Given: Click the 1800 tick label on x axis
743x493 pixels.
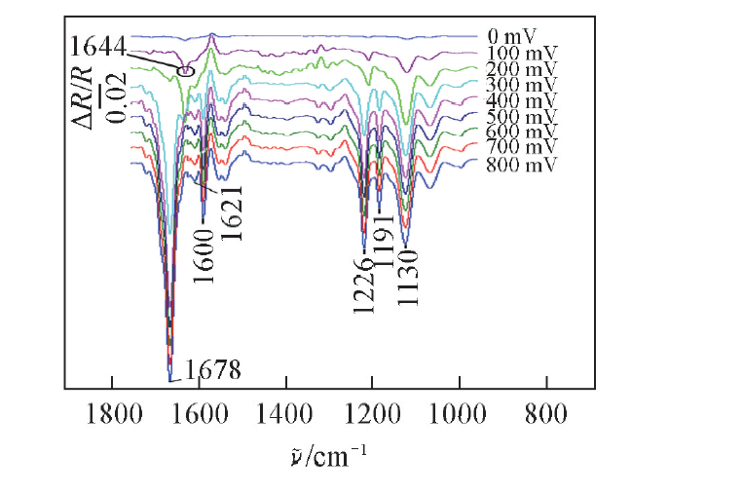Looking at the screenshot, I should (113, 413).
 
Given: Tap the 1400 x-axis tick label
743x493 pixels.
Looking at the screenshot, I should (286, 413).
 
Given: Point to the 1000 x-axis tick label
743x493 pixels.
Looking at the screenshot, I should (458, 413).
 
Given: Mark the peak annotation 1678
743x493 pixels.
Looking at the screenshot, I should (212, 370).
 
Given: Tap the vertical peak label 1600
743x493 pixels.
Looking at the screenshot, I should (203, 254).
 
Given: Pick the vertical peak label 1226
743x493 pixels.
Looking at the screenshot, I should (363, 283).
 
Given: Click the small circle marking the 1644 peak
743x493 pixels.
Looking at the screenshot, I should (186, 69).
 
